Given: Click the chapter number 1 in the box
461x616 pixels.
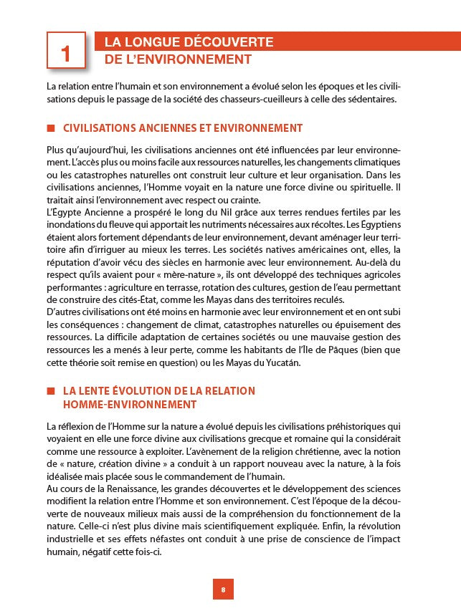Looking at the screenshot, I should (66, 53).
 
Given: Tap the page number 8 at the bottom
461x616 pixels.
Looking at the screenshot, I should (223, 589).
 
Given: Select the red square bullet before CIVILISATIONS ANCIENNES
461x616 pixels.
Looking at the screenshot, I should (50, 128).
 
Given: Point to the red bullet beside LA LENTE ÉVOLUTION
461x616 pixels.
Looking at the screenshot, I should (50, 391).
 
